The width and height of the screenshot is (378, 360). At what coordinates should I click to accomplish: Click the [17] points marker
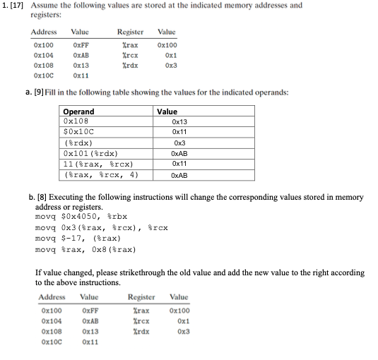(20, 6)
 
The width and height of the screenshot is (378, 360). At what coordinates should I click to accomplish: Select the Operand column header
(78, 112)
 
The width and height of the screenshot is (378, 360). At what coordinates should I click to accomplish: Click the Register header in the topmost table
(130, 32)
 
